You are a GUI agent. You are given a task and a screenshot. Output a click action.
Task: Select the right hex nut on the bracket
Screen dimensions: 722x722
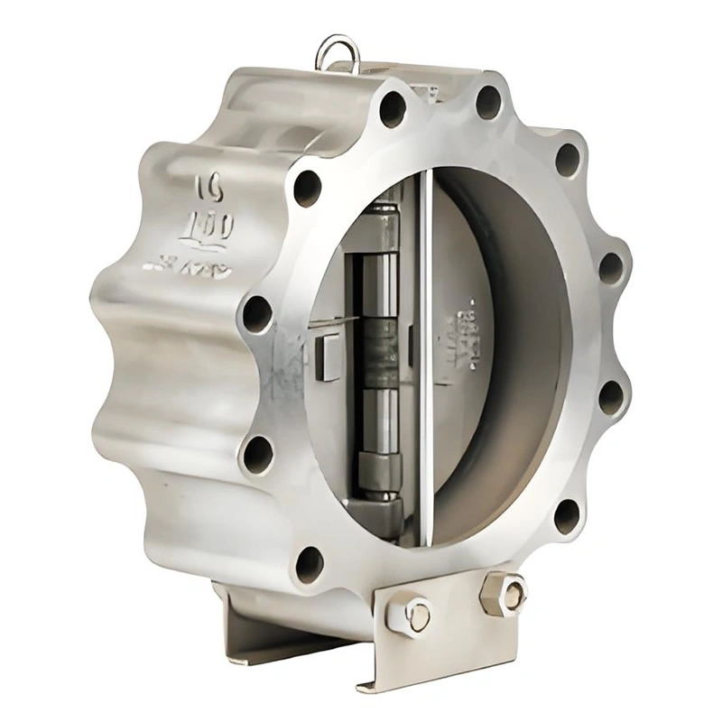click(x=503, y=593)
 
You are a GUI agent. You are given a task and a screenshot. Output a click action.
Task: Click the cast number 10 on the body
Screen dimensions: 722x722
click(x=210, y=188)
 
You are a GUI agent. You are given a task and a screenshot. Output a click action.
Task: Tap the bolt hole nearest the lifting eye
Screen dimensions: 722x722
click(x=392, y=108)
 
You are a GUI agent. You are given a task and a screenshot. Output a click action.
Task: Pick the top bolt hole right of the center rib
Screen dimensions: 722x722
click(x=488, y=101)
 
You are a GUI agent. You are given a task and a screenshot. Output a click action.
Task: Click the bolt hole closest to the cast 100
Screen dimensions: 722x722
click(x=307, y=188)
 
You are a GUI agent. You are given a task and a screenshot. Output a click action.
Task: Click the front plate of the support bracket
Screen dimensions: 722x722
click(x=451, y=632)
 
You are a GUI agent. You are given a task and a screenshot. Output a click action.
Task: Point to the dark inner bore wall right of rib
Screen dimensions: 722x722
click(x=532, y=343)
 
